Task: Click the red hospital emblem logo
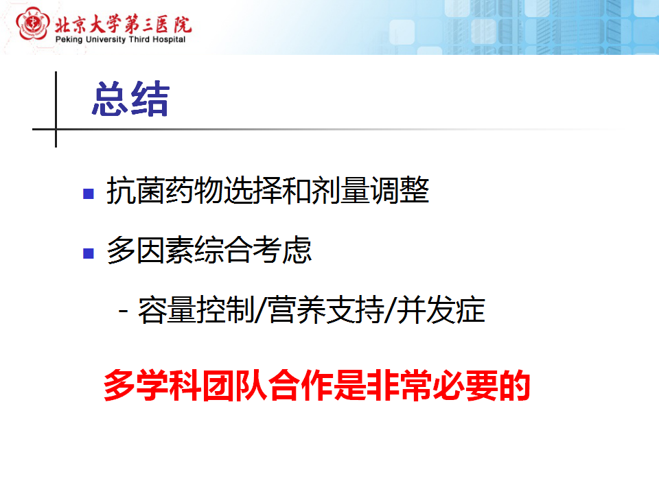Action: coord(32,24)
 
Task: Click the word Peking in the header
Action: coord(69,40)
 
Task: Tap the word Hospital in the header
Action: coord(169,40)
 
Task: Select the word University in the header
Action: coord(106,40)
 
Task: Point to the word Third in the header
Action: coord(139,40)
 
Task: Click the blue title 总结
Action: coord(130,99)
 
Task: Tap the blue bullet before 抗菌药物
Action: coord(89,193)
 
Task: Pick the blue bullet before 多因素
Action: coord(89,253)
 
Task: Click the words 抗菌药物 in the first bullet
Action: coord(165,190)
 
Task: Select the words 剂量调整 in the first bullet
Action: coord(371,190)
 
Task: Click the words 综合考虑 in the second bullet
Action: coord(253,250)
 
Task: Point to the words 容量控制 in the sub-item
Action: coord(196,310)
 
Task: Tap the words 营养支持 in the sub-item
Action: coord(326,310)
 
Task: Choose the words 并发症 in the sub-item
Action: coord(441,310)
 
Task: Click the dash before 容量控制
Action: coord(124,311)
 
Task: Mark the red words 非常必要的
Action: coord(448,385)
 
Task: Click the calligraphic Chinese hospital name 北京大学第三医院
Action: coord(123,24)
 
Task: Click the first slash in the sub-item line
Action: coord(262,310)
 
